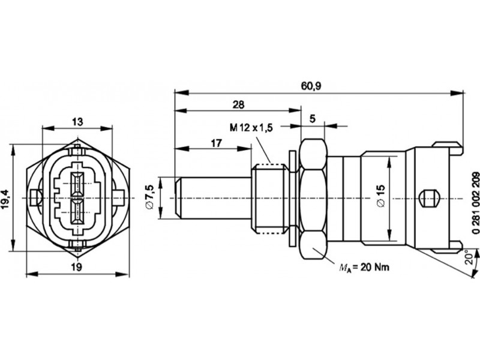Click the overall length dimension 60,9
coord(311,86)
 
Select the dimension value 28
coord(238,104)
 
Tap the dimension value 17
coord(216,143)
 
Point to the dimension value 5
coord(312,119)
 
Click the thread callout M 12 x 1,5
coord(251,127)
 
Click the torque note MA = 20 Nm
coord(364,268)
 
